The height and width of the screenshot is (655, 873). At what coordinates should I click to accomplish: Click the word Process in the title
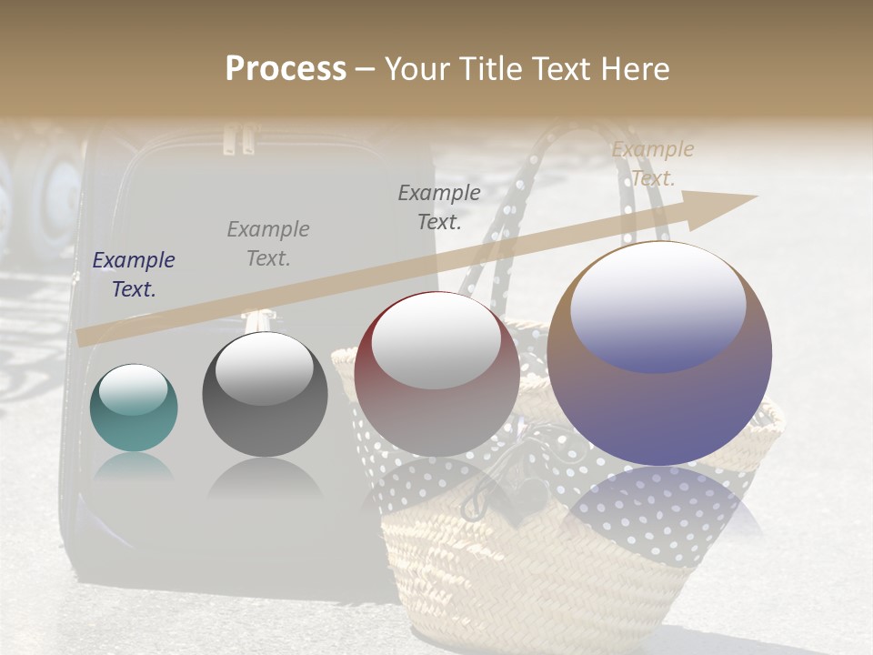click(286, 69)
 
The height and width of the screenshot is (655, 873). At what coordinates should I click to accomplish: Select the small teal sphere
click(134, 408)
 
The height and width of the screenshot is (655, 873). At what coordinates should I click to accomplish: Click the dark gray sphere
click(265, 395)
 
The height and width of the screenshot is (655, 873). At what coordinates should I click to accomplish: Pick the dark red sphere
click(436, 374)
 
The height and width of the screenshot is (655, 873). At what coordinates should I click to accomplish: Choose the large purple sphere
click(659, 354)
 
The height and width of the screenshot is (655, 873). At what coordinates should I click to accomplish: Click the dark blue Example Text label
click(134, 275)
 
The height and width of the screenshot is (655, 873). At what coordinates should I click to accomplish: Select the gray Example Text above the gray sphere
click(268, 244)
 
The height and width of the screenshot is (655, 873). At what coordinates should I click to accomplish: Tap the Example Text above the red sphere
click(439, 207)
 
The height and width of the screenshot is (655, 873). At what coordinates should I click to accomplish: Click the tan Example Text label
click(652, 164)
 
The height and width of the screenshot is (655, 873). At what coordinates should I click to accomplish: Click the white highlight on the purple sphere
click(657, 307)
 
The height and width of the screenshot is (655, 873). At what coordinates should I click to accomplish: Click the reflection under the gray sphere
click(265, 477)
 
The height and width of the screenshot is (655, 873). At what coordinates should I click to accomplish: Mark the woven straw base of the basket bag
click(537, 582)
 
